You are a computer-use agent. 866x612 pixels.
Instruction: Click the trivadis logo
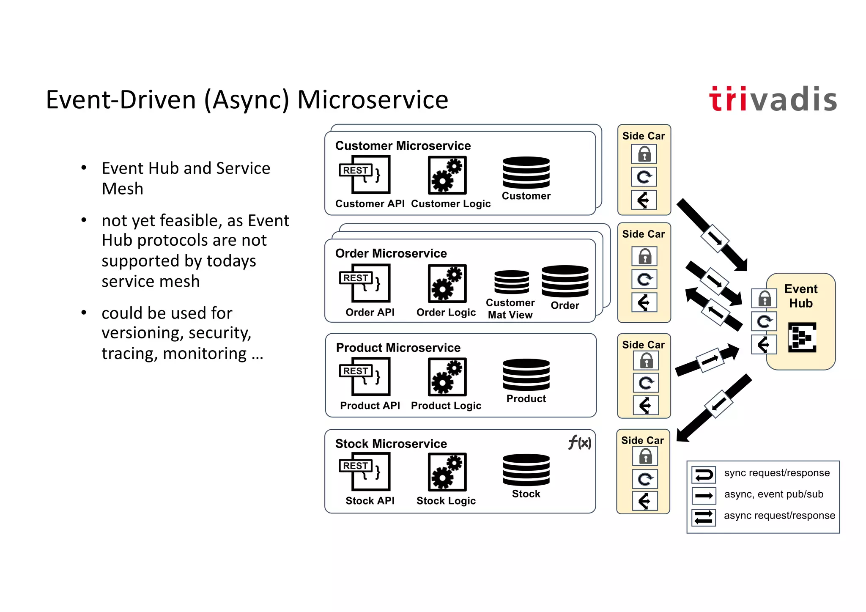773,100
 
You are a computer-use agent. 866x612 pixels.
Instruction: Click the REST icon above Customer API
364,174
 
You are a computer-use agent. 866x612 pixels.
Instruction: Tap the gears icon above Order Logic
447,283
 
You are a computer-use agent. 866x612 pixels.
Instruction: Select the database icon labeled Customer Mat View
512,282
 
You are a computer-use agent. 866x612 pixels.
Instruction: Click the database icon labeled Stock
526,470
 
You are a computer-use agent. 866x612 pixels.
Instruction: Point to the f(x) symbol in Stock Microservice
579,443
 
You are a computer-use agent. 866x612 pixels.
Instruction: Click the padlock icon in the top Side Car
644,154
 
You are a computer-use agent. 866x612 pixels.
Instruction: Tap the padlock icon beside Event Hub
764,299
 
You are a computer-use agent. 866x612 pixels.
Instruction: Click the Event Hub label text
800,296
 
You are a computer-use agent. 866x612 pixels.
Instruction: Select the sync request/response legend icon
704,475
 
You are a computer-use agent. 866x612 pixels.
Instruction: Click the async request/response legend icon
704,517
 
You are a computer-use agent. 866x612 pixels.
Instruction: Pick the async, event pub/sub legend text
773,494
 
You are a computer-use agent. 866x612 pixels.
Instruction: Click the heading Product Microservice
398,348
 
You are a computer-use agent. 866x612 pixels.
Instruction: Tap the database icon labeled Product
526,375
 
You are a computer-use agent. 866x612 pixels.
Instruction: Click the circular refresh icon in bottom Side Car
645,479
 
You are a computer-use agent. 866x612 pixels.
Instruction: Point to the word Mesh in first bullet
123,189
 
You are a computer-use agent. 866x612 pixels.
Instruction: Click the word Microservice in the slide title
373,100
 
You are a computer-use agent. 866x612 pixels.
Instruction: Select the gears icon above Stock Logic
447,472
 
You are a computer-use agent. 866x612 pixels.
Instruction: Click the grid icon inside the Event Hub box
802,338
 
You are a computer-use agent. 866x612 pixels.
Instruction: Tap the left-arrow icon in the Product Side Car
645,406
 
